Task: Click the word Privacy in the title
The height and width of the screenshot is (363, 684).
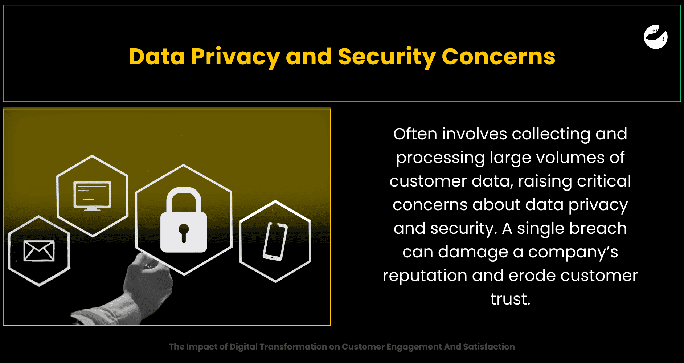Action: [235, 57]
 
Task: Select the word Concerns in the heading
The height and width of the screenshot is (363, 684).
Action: [498, 57]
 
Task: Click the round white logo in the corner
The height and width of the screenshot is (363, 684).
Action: [656, 37]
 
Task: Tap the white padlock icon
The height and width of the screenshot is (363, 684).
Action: [184, 220]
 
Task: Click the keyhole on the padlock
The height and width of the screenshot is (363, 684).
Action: [184, 233]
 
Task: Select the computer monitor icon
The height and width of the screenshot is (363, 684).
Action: [92, 196]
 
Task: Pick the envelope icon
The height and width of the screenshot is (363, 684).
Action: [39, 251]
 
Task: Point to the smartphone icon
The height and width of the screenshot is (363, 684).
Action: [275, 241]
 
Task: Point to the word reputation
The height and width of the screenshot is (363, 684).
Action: [425, 276]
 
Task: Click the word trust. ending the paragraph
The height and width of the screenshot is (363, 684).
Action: [510, 299]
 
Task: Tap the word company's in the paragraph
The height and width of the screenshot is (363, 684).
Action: [573, 252]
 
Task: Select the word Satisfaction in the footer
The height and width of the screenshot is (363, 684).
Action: [489, 347]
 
